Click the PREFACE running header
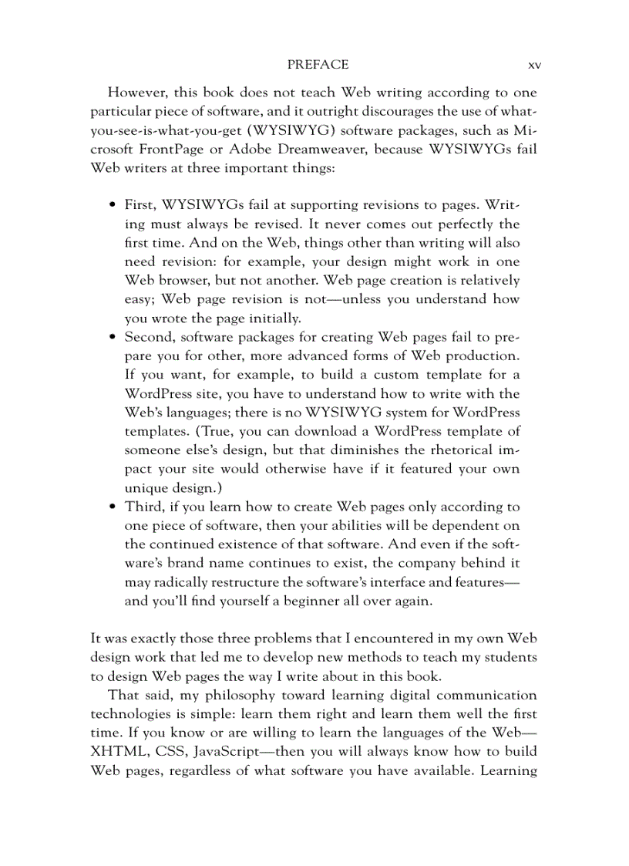coord(317,65)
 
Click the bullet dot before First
coord(113,206)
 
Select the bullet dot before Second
coord(113,338)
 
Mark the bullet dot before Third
coord(113,507)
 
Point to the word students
coord(511,657)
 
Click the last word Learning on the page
coord(508,770)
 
